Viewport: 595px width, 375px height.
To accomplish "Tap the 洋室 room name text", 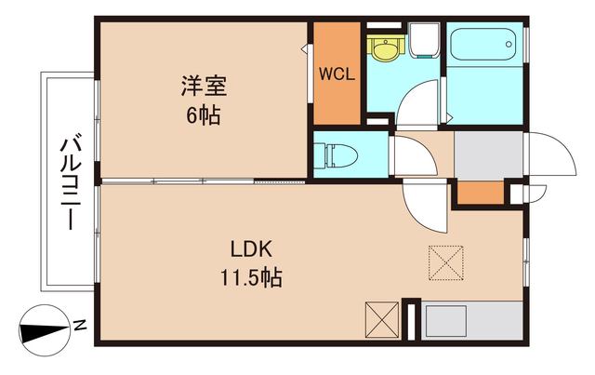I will tap(204, 88).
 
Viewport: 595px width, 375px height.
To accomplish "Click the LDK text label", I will tap(250, 249).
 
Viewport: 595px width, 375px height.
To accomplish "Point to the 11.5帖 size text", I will tap(250, 276).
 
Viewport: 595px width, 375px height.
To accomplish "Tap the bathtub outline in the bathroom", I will tap(485, 45).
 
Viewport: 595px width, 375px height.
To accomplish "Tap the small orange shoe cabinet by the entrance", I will tap(481, 193).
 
